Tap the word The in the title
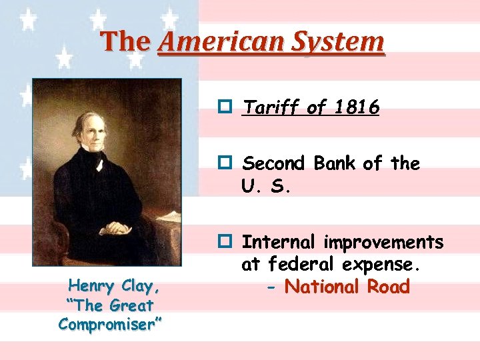(x=126, y=42)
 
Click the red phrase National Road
(x=347, y=287)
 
